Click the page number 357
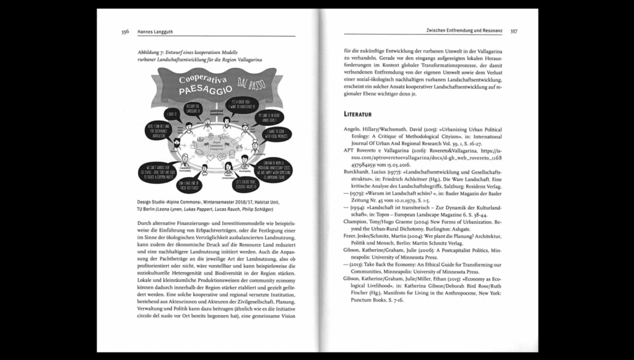(x=514, y=30)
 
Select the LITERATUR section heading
(x=366, y=114)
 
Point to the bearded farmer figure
(x=176, y=147)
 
